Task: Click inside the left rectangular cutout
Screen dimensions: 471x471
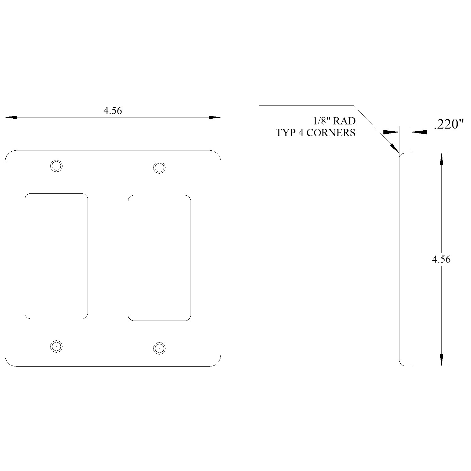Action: [x=56, y=256]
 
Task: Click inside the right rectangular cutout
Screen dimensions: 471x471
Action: [x=159, y=258]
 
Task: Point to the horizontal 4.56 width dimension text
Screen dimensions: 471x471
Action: [x=112, y=111]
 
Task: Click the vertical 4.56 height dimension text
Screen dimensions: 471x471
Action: [x=441, y=259]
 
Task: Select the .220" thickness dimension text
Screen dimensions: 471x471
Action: [x=449, y=125]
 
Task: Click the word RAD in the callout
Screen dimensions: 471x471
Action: [x=344, y=121]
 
